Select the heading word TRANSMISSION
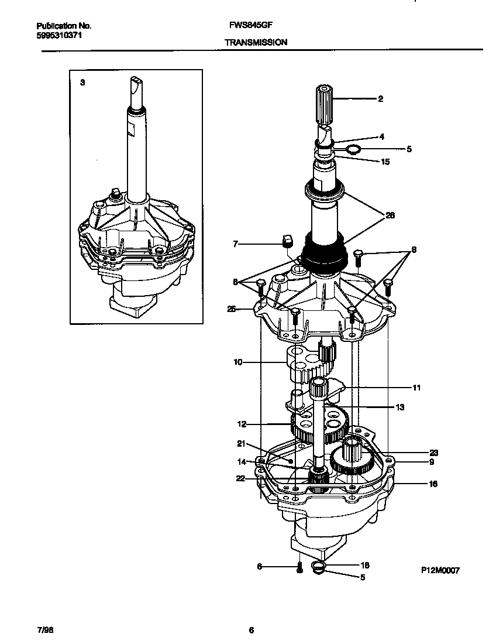click(x=256, y=42)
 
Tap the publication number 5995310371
click(x=59, y=35)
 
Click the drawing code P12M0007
click(x=439, y=571)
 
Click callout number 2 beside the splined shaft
click(x=380, y=99)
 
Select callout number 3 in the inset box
click(x=82, y=83)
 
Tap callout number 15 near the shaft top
click(x=385, y=162)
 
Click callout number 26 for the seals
click(x=390, y=215)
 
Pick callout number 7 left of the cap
click(x=236, y=244)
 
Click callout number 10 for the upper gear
click(x=237, y=362)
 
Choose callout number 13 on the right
click(x=400, y=407)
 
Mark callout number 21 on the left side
click(x=240, y=443)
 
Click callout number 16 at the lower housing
click(x=433, y=484)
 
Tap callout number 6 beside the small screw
click(x=259, y=566)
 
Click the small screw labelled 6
click(x=299, y=567)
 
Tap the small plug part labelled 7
click(x=287, y=240)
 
